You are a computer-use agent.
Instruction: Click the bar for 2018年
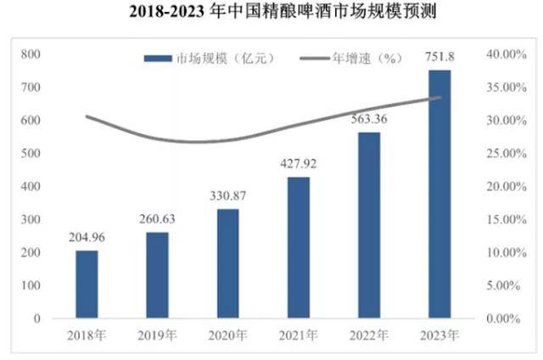click(x=87, y=284)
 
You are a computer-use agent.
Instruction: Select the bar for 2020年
click(x=228, y=263)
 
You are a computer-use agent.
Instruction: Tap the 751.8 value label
click(x=439, y=57)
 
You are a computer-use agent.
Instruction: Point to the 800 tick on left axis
click(x=31, y=53)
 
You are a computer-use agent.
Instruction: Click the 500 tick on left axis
click(x=31, y=153)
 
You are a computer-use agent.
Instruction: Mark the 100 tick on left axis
click(x=31, y=285)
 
